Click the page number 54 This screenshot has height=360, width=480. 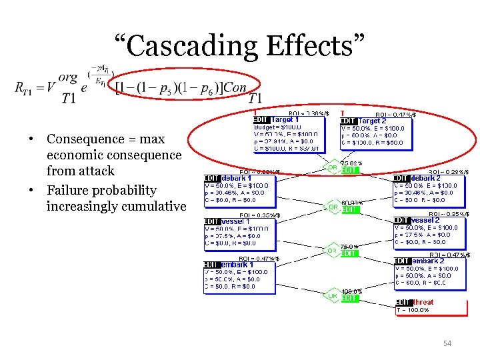(447, 343)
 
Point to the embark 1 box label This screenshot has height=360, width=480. (237, 265)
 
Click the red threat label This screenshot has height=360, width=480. (423, 302)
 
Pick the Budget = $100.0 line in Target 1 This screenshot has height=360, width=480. (278, 127)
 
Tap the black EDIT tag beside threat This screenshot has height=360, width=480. (403, 302)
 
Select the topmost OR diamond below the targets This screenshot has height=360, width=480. (331, 167)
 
